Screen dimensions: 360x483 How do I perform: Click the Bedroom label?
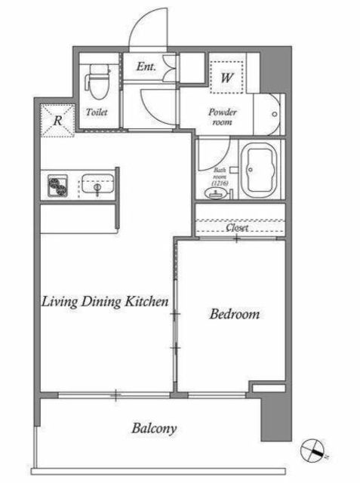[235, 314]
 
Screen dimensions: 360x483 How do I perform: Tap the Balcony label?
[154, 429]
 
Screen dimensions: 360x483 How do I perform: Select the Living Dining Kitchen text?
[105, 302]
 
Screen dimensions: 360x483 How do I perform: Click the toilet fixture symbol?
[97, 82]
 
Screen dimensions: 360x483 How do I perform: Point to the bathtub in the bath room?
[260, 170]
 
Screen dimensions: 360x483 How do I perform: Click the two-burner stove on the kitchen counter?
[57, 186]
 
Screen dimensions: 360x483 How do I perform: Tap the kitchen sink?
[97, 185]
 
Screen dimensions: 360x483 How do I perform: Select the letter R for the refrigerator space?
[57, 121]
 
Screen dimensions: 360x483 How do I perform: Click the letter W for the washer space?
[226, 78]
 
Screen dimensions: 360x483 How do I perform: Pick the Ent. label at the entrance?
[146, 66]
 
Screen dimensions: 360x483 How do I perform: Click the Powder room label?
[223, 117]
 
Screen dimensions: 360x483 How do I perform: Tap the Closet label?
[237, 228]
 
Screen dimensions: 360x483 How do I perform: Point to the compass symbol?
[312, 451]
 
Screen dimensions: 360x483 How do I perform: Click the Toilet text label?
[97, 112]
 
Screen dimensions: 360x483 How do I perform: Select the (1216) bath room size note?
[220, 183]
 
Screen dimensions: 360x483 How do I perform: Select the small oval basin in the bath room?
[216, 193]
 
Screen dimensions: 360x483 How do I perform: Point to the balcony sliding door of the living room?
[114, 395]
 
